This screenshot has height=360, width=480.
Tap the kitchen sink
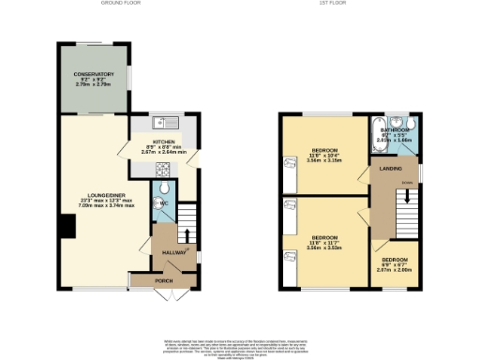pos(161,122)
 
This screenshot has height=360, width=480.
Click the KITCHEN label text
pos(165,140)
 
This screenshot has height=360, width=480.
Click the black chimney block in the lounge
pos(67,225)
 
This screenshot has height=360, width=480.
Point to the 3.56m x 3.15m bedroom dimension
pos(324,160)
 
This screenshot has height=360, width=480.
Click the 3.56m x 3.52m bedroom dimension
pos(324,247)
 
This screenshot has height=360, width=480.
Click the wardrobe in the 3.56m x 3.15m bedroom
pos(289,163)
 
